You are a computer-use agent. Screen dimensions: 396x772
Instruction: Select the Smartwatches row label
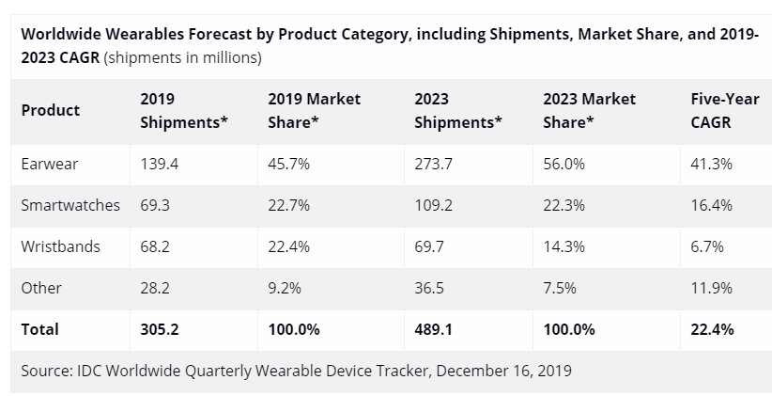click(70, 205)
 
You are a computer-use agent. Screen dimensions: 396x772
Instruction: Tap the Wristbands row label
click(60, 246)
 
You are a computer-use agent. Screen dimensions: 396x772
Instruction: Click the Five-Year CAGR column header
click(711, 110)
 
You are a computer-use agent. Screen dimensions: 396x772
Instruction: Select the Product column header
click(50, 110)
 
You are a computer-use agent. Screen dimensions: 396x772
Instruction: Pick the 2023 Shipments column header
click(457, 110)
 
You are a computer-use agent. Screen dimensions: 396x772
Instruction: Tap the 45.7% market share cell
click(289, 164)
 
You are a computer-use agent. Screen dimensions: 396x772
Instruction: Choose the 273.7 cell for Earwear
click(434, 164)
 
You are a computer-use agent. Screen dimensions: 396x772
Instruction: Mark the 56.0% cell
click(564, 164)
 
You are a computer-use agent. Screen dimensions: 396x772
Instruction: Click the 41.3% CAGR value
click(711, 164)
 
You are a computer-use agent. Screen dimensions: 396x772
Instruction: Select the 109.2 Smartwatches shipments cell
click(434, 205)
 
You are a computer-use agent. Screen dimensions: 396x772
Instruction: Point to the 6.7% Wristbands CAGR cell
click(707, 246)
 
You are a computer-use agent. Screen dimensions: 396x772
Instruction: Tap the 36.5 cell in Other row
click(430, 288)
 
